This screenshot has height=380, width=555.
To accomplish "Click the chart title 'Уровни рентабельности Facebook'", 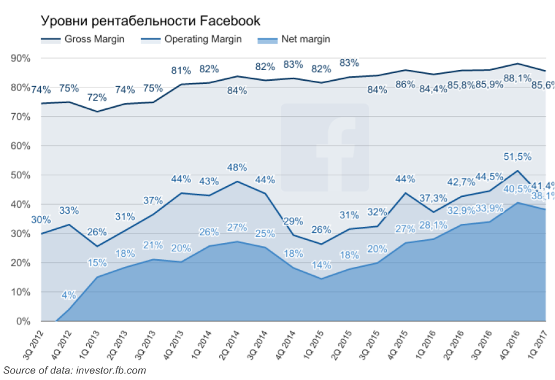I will coord(150,21).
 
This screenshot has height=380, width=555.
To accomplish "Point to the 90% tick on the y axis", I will coord(20,58).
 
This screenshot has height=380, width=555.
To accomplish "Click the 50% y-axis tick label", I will coord(20,175).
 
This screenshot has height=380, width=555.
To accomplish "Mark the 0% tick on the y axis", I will coord(23,322).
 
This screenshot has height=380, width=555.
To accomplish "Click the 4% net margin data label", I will coord(68,295).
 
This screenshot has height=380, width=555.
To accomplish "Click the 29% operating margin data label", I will coord(292,222).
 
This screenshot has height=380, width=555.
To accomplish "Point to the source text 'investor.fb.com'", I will coord(111,370).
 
